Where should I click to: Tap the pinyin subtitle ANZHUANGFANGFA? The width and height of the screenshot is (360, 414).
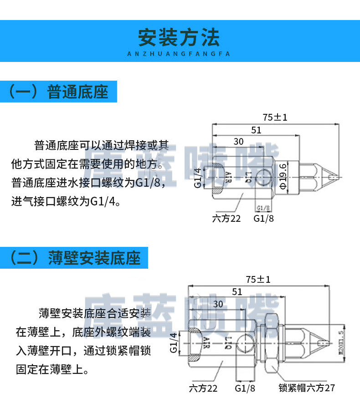[x=179, y=54]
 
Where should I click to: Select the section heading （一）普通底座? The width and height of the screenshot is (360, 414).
[x=59, y=92]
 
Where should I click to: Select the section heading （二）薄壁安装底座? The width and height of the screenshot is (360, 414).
[x=75, y=258]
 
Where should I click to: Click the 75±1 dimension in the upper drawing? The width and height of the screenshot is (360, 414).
[x=275, y=117]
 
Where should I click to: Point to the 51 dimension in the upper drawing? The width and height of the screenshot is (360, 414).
[x=256, y=130]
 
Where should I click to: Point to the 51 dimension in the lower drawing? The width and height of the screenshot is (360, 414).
[x=237, y=291]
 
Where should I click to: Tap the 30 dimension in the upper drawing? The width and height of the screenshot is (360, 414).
[x=238, y=141]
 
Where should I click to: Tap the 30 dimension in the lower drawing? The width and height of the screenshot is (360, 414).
[x=218, y=304]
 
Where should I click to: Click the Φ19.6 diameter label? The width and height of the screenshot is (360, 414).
[x=283, y=175]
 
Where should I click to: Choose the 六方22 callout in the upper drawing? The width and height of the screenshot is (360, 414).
[x=226, y=218]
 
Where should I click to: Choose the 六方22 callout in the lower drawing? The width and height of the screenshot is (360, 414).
[x=203, y=388]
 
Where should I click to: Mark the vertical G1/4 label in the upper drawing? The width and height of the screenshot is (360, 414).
[x=198, y=178]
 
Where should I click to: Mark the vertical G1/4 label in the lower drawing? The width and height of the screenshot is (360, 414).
[x=174, y=342]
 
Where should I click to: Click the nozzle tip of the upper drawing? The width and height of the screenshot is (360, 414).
[x=336, y=175]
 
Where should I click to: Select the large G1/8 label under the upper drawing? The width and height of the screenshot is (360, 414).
[x=264, y=218]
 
